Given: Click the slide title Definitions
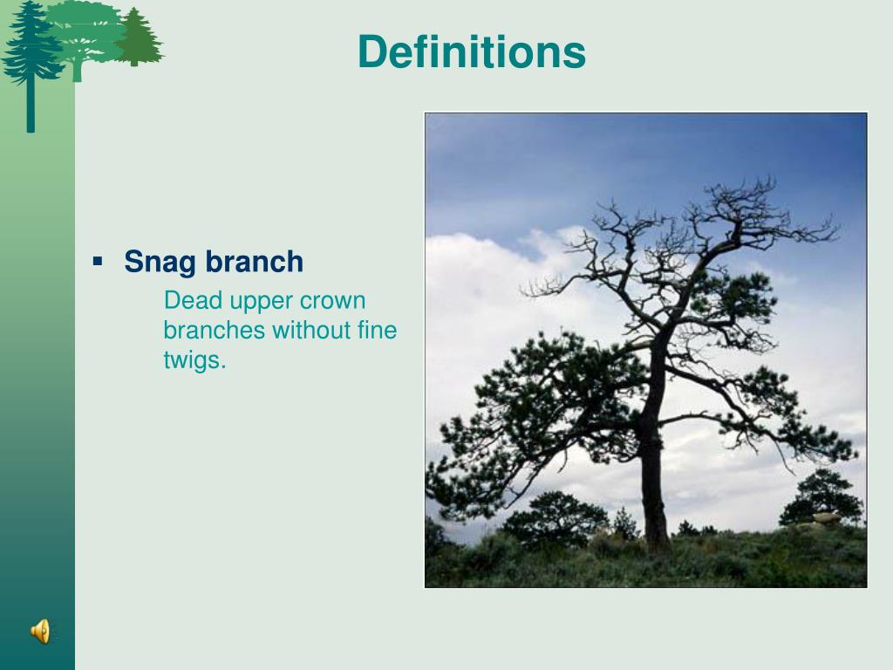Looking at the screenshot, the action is [472, 51].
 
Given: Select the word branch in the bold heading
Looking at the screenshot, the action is [254, 262].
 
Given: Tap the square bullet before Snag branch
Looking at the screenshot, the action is [98, 262].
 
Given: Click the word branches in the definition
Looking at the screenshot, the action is [214, 330].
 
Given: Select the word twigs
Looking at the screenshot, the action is [194, 361].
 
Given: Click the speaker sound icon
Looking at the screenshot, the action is [40, 632].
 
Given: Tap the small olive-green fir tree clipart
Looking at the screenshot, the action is [137, 38].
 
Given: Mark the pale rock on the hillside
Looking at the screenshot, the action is [826, 517].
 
